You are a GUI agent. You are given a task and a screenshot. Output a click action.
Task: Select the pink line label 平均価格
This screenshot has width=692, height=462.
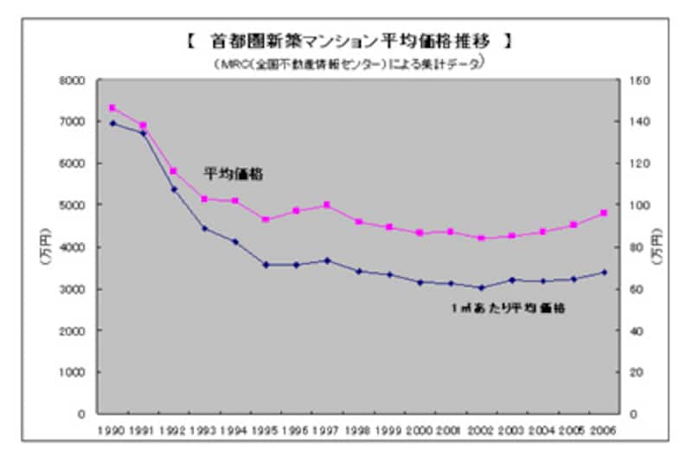coord(234,174)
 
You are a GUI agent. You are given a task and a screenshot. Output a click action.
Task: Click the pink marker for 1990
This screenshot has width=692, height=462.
coord(112,108)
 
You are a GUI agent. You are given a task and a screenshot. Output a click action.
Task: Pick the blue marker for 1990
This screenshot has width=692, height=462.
coord(112,123)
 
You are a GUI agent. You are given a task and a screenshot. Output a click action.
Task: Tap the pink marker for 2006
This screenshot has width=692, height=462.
coord(604,213)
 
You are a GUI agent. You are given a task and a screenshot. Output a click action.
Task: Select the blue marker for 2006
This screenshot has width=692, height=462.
coord(604,272)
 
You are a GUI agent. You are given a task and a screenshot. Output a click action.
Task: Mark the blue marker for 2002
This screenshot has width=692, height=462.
coord(481,287)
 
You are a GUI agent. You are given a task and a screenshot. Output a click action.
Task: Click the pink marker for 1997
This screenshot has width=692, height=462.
coord(327,205)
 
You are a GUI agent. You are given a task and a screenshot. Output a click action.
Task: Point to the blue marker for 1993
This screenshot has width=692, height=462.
coord(204,228)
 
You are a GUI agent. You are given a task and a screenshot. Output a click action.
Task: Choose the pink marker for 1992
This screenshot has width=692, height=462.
coord(174,171)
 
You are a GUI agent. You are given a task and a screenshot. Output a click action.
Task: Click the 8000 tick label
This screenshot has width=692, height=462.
coord(74,80)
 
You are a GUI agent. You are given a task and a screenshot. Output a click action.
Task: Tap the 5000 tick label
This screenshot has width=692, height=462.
coord(74,206)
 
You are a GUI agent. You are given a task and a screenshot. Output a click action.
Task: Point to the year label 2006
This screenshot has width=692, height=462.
coord(604,430)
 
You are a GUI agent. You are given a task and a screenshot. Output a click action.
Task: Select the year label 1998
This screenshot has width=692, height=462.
coord(358,430)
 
